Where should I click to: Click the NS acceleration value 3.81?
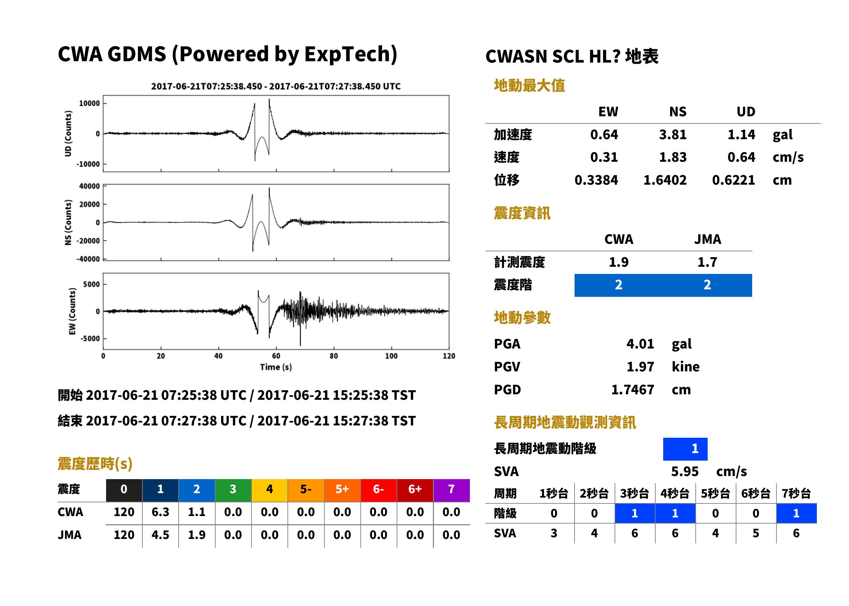pos(672,135)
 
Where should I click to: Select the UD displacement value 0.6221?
pos(733,180)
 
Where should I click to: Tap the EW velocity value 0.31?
pos(604,157)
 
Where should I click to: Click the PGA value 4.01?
pos(640,344)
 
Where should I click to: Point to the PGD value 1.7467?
pos(632,390)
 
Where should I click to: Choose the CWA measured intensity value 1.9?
pos(619,262)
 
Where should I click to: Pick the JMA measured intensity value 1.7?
pos(707,262)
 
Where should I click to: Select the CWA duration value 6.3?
pos(160,512)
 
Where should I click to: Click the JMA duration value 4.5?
pos(160,535)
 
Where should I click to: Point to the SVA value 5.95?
pos(685,472)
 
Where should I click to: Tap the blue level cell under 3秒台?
pos(635,513)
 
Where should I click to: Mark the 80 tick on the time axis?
pos(334,356)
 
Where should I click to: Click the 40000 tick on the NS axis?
pos(89,186)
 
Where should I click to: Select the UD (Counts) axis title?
pos(68,134)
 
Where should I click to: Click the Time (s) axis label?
pos(276,367)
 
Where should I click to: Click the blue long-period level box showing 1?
pos(685,449)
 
